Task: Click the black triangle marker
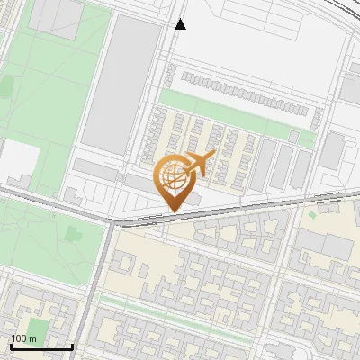click(180, 24)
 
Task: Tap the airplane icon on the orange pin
click(199, 164)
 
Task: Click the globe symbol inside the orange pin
click(177, 177)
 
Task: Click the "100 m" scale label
click(23, 338)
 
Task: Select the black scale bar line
click(41, 346)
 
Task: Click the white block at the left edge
click(18, 162)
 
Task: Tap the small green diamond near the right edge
click(313, 214)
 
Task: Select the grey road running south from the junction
click(97, 288)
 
